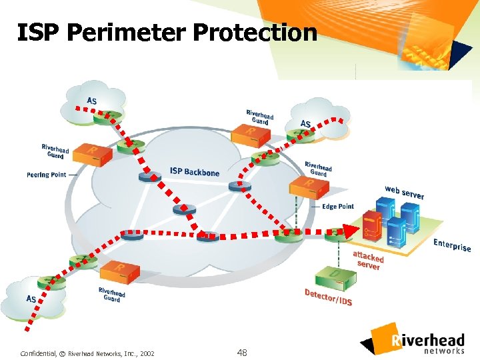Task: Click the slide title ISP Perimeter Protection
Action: (167, 32)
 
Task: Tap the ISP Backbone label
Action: (194, 172)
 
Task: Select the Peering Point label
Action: (47, 175)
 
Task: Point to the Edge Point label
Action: (338, 207)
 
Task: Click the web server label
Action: (404, 192)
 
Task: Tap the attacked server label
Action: (368, 260)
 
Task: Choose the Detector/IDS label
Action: (328, 297)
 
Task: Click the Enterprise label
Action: (452, 245)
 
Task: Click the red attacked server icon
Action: (371, 227)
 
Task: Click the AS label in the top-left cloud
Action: (91, 101)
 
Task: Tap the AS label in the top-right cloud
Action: (305, 124)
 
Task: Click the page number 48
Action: (241, 352)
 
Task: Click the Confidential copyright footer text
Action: (87, 353)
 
